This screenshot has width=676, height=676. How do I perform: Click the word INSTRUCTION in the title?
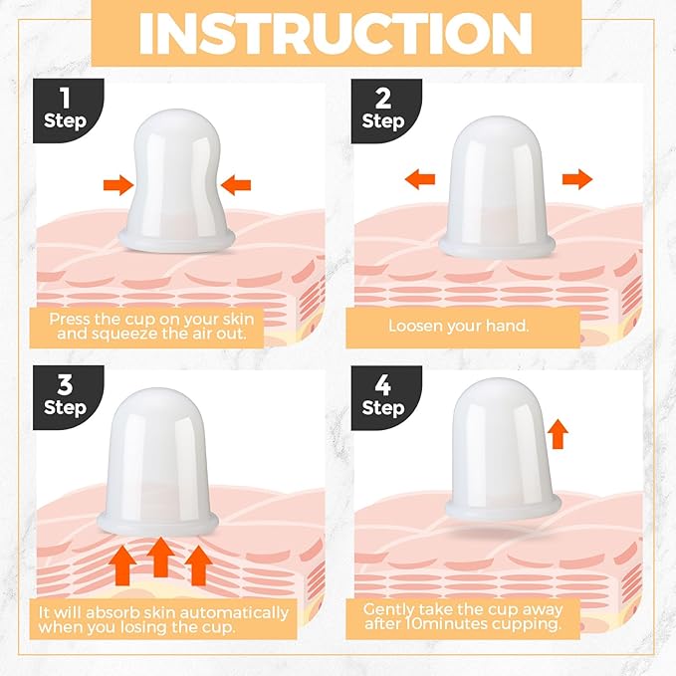coord(336,34)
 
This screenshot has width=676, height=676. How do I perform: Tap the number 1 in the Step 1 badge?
coord(65,98)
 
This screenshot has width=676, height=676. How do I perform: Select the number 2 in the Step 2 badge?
coord(383,98)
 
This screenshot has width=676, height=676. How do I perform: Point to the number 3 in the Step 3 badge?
coord(65,384)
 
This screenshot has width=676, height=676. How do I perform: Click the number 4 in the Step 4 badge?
coord(383,384)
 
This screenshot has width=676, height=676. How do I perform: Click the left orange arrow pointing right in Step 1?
coord(118,185)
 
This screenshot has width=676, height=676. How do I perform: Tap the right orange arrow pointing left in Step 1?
coord(235,185)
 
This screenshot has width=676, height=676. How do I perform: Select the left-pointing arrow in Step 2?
coord(420,179)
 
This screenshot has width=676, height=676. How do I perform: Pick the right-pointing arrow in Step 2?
coord(577,179)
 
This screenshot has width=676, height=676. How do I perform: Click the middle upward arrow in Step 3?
coord(161,557)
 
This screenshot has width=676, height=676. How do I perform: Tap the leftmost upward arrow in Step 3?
coord(122,565)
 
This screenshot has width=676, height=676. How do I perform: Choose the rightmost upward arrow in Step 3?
coord(198,565)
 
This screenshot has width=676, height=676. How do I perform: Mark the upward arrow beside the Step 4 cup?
coord(558,434)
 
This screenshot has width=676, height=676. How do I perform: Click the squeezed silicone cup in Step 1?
coord(177,181)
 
